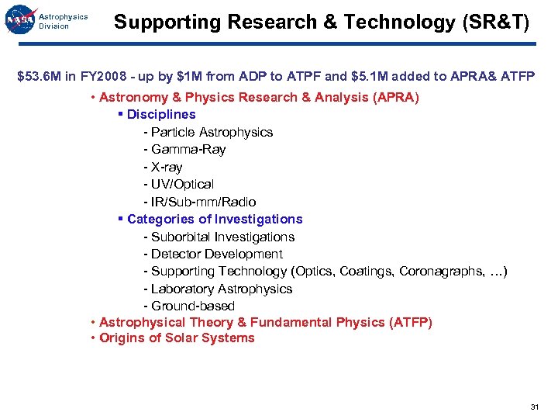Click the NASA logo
[x=19, y=22]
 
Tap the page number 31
[x=535, y=407]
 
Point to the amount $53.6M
[x=40, y=77]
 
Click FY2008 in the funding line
[x=102, y=77]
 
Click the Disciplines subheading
[x=161, y=114]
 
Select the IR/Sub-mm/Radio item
[x=202, y=202]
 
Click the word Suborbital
[x=181, y=237]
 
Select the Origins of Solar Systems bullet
[x=177, y=338]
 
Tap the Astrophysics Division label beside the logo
[x=63, y=21]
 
